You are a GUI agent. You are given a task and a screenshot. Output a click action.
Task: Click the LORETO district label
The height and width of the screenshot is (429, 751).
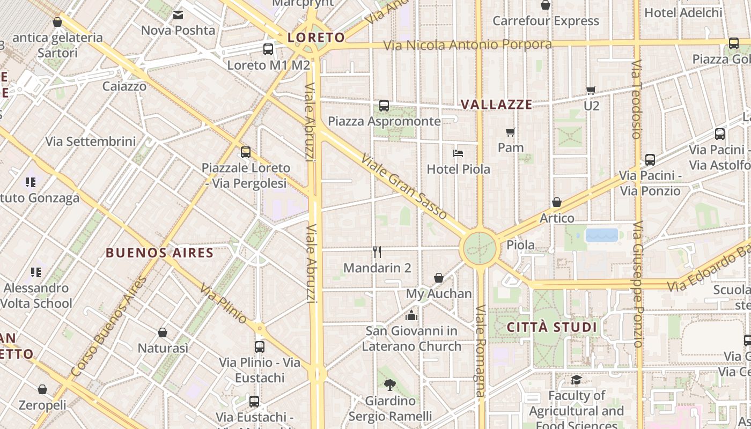[x=315, y=38]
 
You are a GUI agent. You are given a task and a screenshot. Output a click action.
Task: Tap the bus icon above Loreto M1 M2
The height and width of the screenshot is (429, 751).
[x=268, y=49]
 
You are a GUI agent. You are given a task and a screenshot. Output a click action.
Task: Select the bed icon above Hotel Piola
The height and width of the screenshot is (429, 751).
[x=458, y=153]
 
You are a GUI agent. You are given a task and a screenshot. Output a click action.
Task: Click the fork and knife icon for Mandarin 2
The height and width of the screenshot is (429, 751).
[x=377, y=252]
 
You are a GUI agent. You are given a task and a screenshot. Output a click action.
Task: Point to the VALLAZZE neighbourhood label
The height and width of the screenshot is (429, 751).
[x=496, y=105]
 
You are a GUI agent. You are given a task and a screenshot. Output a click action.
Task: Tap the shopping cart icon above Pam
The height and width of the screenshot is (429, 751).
[x=511, y=132]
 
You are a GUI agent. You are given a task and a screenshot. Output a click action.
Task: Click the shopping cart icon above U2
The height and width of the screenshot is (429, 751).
[x=591, y=90]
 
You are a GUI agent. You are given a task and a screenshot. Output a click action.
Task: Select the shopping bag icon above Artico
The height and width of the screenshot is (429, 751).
[x=557, y=202]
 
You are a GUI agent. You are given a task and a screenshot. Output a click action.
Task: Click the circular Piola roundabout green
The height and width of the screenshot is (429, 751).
[x=480, y=248]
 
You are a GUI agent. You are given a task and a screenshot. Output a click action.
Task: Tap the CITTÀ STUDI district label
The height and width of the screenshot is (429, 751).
[x=552, y=327]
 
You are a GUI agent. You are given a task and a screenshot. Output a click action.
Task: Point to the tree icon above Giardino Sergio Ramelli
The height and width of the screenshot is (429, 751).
[x=390, y=384]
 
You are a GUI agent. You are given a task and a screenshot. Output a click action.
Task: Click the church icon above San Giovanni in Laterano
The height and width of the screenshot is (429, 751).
[x=411, y=315]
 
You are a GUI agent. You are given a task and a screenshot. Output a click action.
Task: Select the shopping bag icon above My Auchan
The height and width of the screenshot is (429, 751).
[x=439, y=278]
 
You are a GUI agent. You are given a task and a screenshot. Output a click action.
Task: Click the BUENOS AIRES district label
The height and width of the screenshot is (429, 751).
[x=159, y=253]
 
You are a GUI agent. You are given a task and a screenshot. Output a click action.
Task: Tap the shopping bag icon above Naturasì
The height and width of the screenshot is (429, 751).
[x=163, y=332]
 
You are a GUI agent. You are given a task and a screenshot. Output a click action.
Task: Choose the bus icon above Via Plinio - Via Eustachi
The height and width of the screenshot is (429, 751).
[x=260, y=346]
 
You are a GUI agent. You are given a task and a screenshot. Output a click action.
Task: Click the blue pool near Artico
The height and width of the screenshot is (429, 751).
[x=602, y=235]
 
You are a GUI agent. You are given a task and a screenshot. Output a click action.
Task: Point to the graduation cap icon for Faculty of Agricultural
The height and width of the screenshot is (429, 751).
[x=576, y=380]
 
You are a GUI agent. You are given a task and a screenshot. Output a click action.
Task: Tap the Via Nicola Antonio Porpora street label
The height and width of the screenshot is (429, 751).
[x=467, y=45]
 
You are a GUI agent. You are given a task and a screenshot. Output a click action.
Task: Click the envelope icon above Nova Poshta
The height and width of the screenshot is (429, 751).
[x=178, y=14]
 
